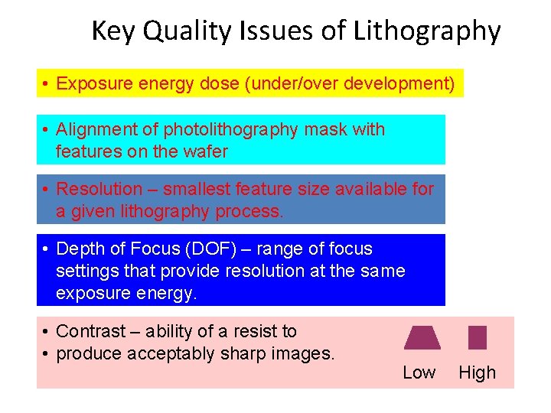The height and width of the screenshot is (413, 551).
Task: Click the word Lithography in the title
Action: point(427,32)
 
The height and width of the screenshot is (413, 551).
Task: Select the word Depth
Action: point(80,249)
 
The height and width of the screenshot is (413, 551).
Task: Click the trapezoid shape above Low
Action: point(422,337)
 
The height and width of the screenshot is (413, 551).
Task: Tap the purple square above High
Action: point(477,337)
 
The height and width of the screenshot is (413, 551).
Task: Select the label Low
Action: point(419,372)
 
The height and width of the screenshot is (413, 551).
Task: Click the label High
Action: point(477,372)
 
